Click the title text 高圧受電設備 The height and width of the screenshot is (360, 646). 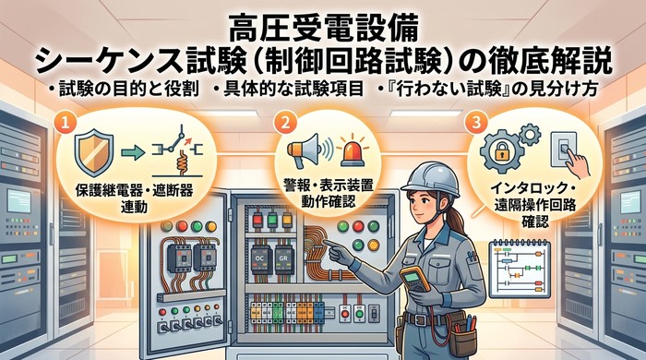pos(323,19)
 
